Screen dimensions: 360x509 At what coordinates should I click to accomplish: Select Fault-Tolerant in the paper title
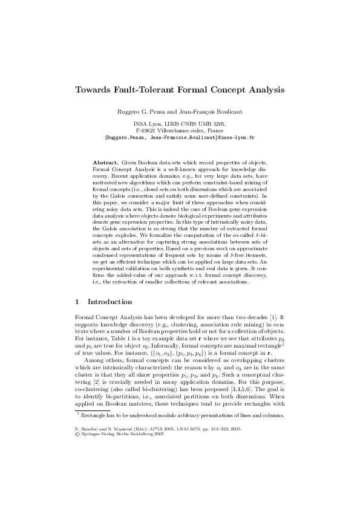pos(146,89)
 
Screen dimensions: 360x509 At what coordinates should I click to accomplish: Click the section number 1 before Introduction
pos(76,301)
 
